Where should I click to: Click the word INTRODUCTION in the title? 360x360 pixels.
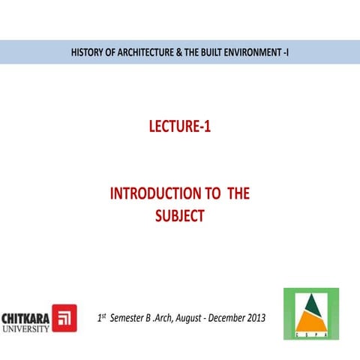pos(156,194)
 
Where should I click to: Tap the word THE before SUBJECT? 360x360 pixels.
pos(238,194)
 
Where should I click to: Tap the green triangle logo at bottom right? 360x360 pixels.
pos(310,313)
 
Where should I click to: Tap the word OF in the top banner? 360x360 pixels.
pos(112,52)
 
